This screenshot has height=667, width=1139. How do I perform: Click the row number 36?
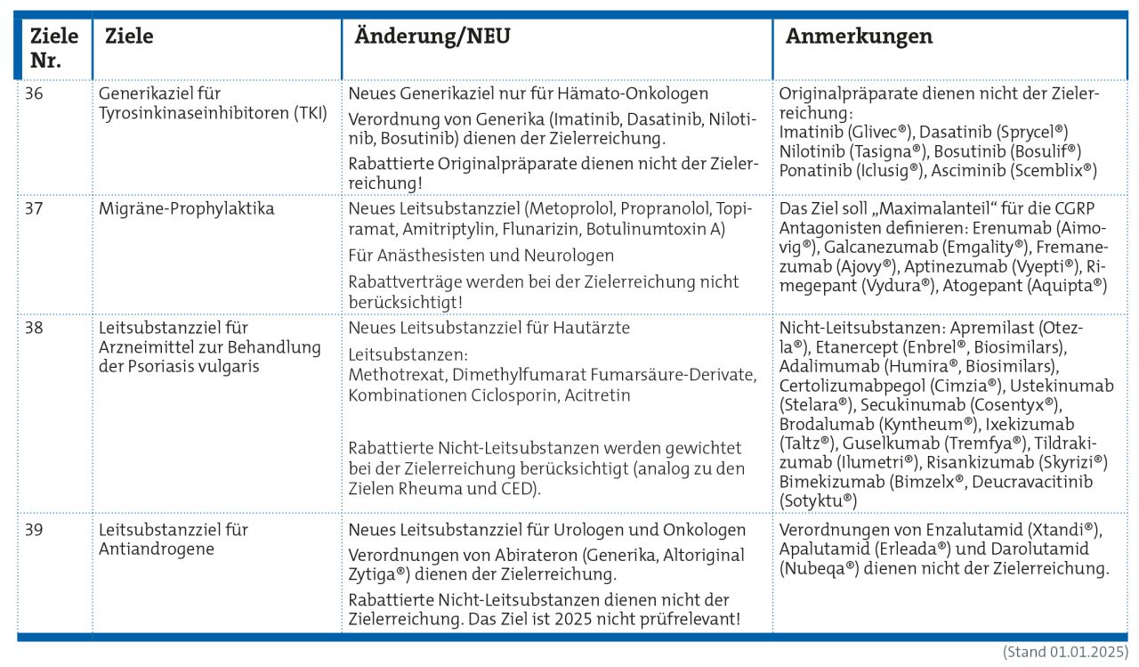pos(33,94)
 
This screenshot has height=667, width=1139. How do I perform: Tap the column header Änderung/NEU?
pos(432,37)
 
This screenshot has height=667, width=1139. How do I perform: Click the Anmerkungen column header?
pos(859,37)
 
